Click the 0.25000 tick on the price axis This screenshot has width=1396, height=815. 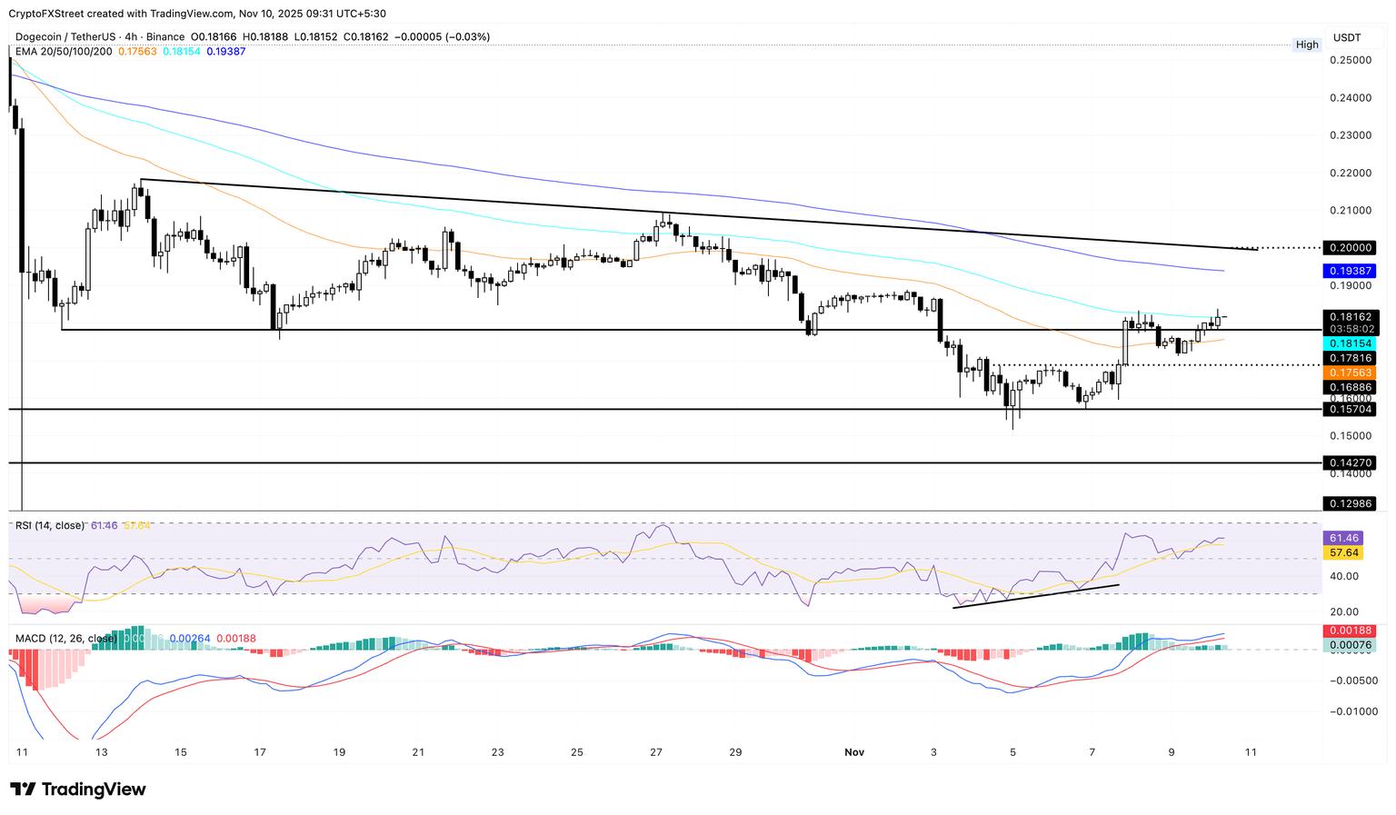coord(1351,60)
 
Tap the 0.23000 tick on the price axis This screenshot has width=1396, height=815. coord(1351,135)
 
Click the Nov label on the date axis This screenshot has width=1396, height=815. coord(853,752)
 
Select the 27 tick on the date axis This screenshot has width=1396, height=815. coord(656,752)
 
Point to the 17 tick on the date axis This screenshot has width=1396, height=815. coord(260,752)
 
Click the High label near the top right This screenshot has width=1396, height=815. coord(1307,45)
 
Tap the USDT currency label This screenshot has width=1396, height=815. coord(1347,37)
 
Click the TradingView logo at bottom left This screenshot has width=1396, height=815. coord(78,790)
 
